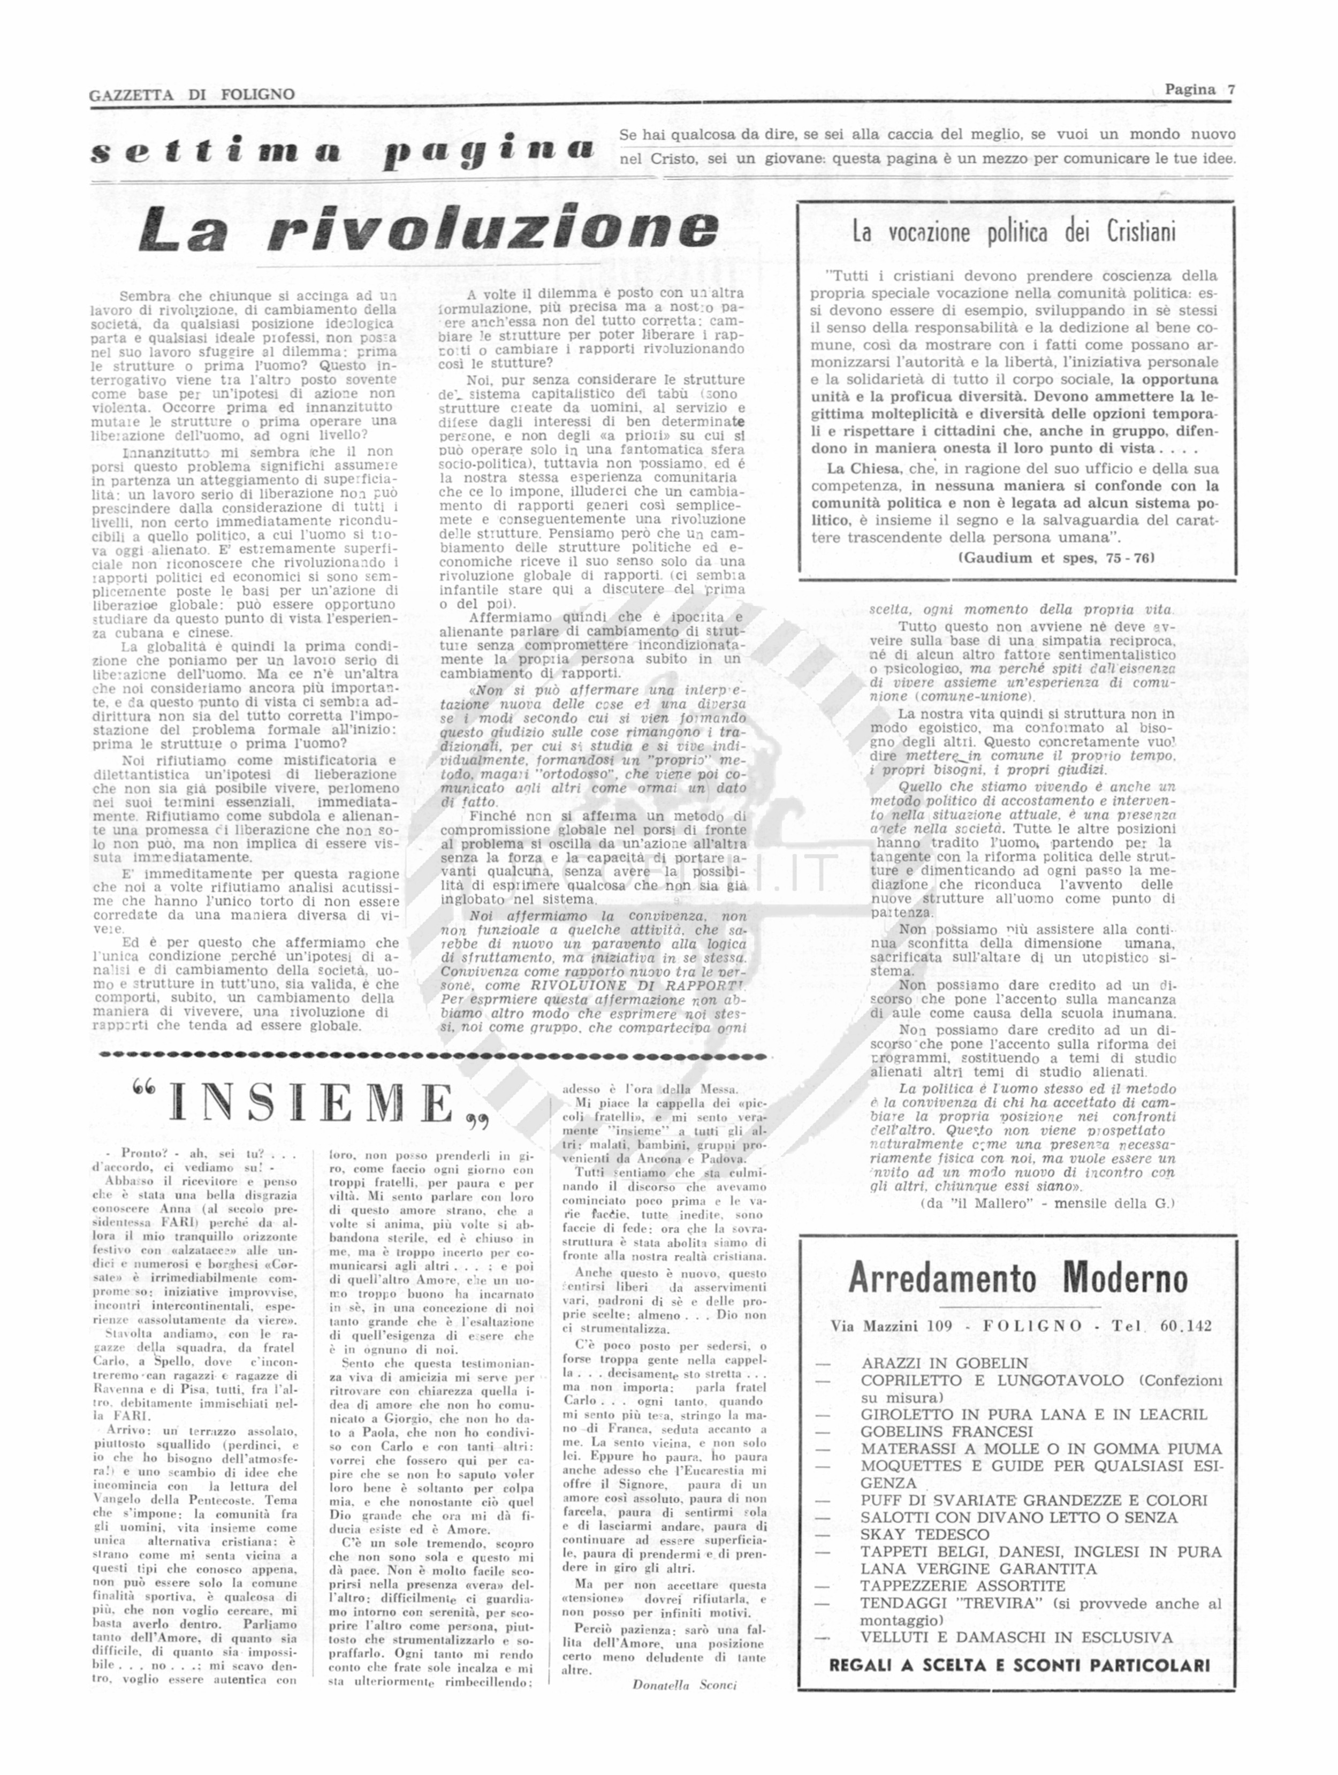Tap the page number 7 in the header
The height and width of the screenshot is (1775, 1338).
pyautogui.click(x=1230, y=90)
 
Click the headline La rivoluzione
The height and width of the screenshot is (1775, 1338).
pyautogui.click(x=428, y=228)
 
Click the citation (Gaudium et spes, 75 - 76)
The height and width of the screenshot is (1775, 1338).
pyautogui.click(x=1055, y=558)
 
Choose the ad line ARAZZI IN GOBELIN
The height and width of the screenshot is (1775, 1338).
pyautogui.click(x=944, y=1363)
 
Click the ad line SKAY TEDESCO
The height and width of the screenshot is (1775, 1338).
pyautogui.click(x=914, y=1534)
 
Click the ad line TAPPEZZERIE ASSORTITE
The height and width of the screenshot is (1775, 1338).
pyautogui.click(x=962, y=1586)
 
